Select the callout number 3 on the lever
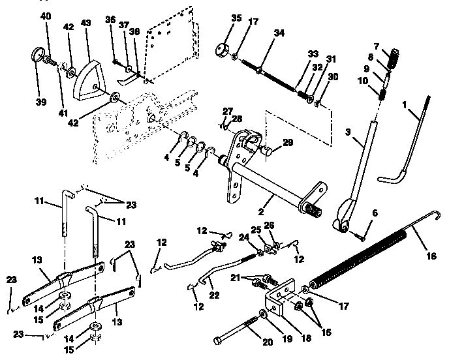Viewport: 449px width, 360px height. point(349,132)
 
